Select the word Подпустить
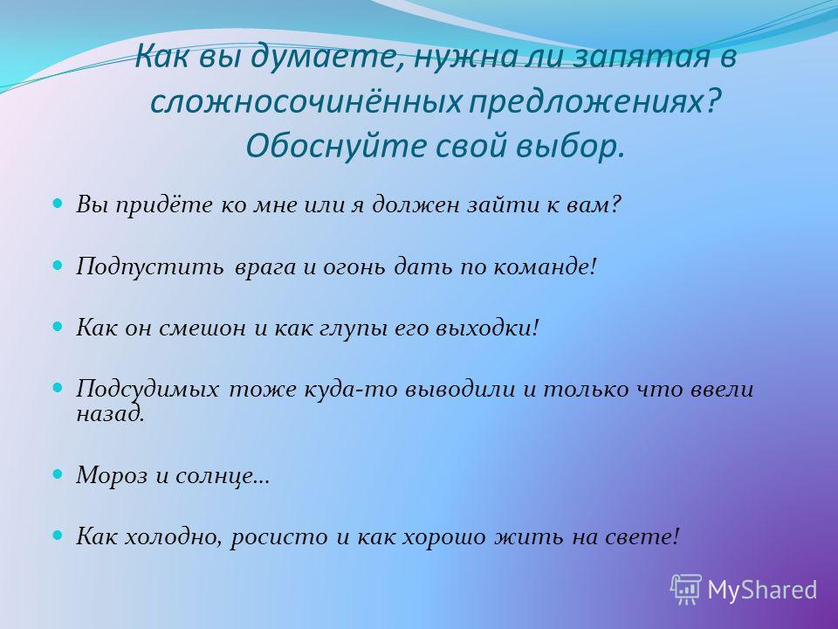149,267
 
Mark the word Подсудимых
148,389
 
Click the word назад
110,413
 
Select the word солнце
223,475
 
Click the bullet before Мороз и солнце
58,473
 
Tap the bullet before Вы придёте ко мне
58,204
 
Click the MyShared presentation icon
686,590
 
